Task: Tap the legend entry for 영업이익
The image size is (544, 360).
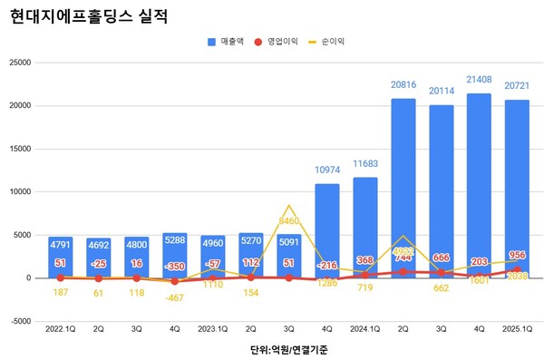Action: click(282, 42)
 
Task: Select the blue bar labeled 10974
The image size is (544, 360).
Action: click(326, 227)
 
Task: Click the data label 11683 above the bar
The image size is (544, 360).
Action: click(364, 162)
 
